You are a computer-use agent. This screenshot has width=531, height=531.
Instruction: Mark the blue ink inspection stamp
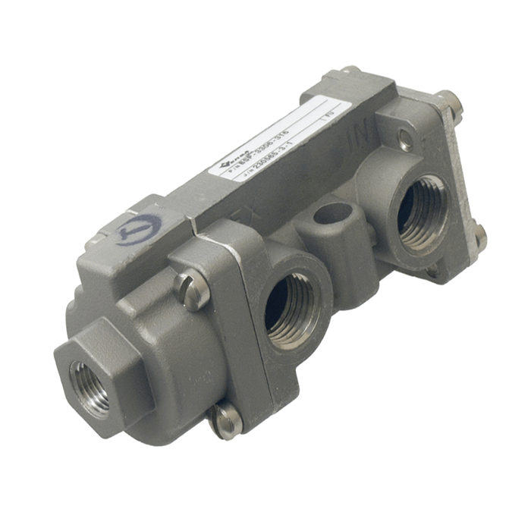pyautogui.click(x=139, y=230)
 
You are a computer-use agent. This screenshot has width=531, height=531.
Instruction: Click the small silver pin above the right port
pyautogui.click(x=407, y=137)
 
